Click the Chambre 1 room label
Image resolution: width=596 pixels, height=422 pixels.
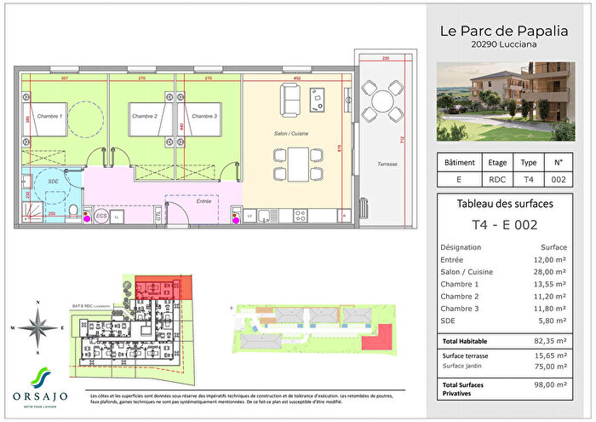(x=49, y=116)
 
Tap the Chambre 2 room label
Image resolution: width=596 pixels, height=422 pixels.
(x=144, y=116)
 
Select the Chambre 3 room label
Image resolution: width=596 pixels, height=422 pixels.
(x=203, y=116)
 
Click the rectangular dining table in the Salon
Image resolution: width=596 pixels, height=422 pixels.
(x=297, y=163)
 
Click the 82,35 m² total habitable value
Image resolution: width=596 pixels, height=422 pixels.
(x=553, y=339)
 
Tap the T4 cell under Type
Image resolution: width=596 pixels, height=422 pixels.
(x=528, y=179)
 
